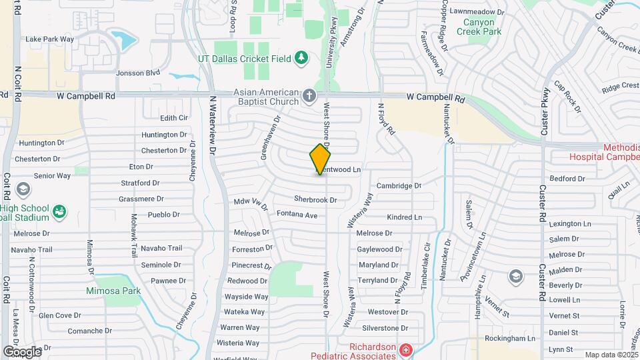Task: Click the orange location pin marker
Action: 321,159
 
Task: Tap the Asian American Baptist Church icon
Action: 309,96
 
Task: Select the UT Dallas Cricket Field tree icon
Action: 301,59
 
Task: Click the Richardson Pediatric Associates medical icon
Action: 405,350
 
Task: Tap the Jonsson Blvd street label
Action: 139,73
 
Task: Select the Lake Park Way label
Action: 49,39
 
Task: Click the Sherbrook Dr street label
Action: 315,199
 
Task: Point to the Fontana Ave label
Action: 298,215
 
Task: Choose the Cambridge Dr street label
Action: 399,186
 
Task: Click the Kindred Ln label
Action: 405,217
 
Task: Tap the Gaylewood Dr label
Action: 379,249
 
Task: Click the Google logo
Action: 22,351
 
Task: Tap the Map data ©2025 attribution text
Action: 611,355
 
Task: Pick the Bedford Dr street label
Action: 567,179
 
